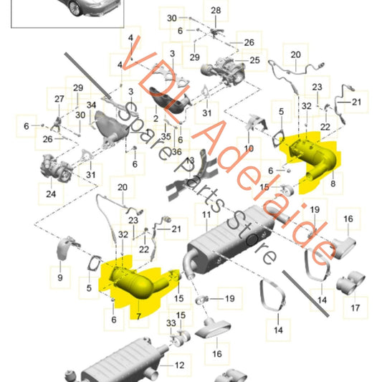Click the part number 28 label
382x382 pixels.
(216, 11)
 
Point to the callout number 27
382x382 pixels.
(59, 100)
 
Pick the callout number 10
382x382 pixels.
(249, 149)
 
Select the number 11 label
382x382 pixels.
(205, 214)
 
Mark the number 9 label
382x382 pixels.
(59, 277)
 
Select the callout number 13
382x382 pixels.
(190, 161)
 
